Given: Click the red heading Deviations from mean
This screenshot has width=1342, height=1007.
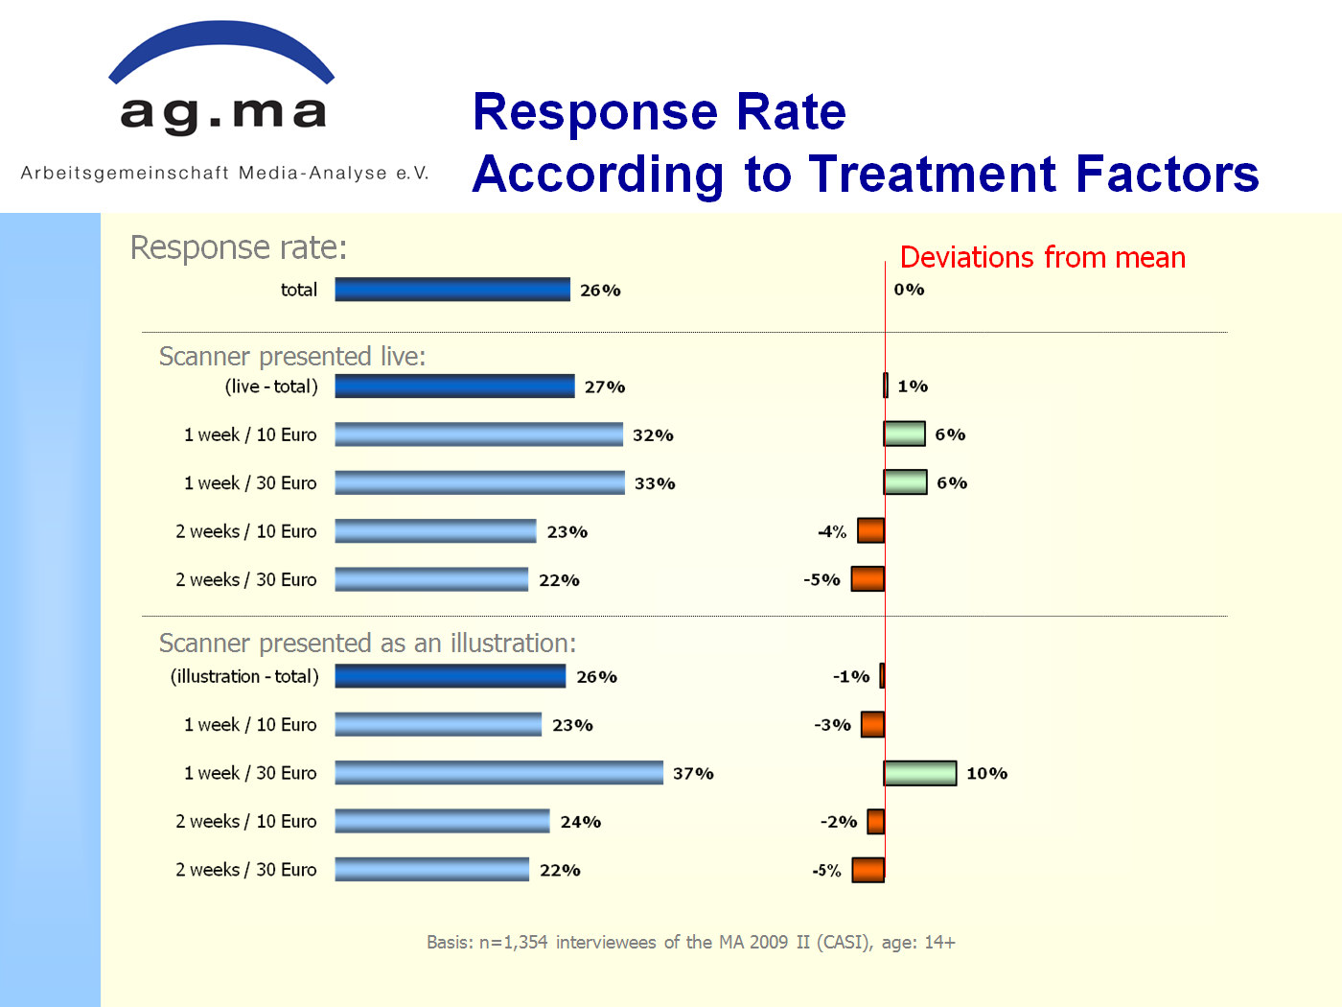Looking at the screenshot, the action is click(1042, 257).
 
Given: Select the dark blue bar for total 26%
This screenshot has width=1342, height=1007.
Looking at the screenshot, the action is click(452, 290).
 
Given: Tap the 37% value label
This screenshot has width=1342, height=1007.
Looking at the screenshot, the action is click(693, 773).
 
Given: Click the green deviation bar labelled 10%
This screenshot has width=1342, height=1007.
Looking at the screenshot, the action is click(920, 773).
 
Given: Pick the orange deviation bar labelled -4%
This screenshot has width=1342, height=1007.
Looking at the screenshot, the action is click(870, 530).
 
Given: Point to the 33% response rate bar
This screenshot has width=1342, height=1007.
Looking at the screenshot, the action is click(480, 482).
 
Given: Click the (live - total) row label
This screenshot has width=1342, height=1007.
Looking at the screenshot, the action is click(271, 386).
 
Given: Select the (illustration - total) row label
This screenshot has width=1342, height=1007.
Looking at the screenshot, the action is click(244, 676).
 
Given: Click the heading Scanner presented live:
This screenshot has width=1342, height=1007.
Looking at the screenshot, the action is click(292, 357).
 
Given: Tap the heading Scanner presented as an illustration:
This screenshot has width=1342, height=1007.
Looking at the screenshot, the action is click(367, 644).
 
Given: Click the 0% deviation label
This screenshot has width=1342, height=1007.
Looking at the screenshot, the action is click(909, 290).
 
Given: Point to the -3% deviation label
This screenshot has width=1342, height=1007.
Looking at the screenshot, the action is click(832, 724).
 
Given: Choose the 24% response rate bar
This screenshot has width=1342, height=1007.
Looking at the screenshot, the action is click(442, 821).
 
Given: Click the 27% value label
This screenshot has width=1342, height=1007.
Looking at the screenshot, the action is click(605, 387).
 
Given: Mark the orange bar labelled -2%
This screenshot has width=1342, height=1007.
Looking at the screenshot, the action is click(875, 821).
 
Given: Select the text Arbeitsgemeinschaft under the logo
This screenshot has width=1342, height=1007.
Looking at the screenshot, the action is click(125, 173).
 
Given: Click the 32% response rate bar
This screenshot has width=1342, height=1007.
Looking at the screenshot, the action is click(478, 434).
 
